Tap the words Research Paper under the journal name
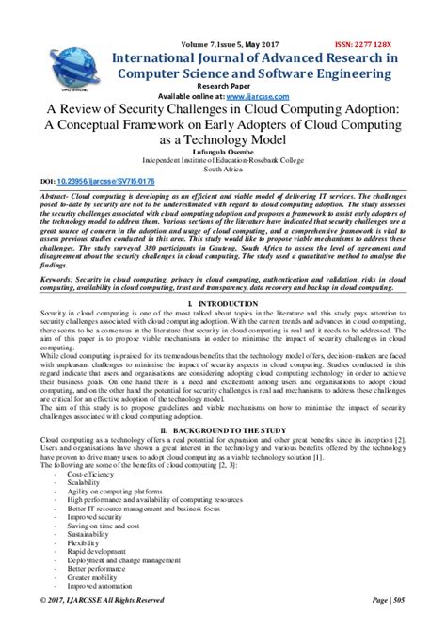point(222,87)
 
